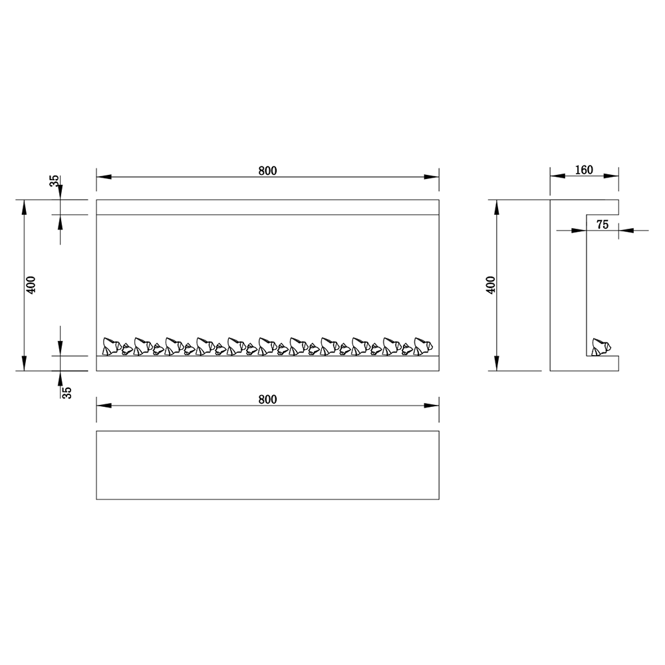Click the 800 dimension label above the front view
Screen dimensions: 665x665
(x=267, y=170)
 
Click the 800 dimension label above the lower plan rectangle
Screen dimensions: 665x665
(x=267, y=399)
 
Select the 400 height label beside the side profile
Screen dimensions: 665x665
(x=491, y=285)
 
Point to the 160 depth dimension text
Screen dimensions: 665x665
(x=583, y=170)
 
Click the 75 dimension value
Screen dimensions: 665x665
(x=602, y=225)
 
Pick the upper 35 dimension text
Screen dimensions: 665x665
(x=55, y=181)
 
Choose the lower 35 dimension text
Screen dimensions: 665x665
(x=66, y=392)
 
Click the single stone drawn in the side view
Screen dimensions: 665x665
(x=601, y=347)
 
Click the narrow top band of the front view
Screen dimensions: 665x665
(x=267, y=207)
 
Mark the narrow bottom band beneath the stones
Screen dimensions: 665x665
(x=267, y=363)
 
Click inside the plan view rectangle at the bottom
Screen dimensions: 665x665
(x=267, y=465)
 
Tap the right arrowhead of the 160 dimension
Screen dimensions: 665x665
(x=612, y=177)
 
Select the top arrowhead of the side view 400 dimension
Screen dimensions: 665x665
(x=497, y=206)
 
